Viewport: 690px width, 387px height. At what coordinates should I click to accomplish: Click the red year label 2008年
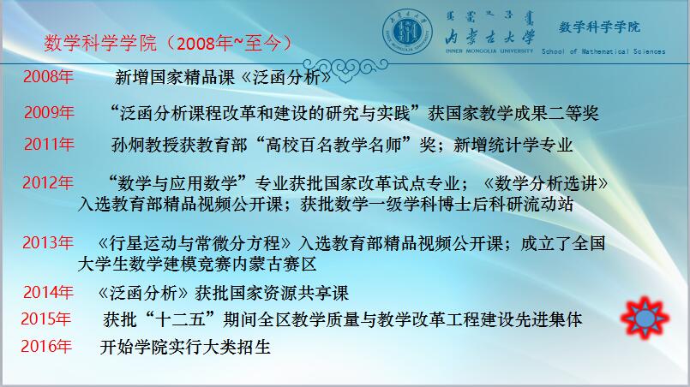(48, 76)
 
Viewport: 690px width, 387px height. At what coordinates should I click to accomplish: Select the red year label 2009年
(49, 112)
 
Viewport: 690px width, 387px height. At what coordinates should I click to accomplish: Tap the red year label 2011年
(49, 144)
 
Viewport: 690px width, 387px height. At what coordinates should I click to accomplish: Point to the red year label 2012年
(48, 182)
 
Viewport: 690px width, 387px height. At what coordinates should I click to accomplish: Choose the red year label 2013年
(48, 242)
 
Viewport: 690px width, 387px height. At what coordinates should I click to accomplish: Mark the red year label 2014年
(48, 292)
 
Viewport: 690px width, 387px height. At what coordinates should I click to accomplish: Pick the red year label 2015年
(46, 319)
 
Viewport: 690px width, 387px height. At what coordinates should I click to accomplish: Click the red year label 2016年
(46, 346)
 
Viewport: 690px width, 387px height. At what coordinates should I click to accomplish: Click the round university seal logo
(407, 32)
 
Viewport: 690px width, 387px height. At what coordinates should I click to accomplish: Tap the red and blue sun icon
(645, 318)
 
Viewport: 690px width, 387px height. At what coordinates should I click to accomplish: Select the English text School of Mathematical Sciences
(603, 51)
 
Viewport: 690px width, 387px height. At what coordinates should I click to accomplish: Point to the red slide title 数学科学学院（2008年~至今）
(168, 43)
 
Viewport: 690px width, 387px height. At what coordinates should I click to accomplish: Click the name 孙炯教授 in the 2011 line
(145, 145)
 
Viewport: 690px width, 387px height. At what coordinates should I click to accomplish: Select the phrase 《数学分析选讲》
(546, 183)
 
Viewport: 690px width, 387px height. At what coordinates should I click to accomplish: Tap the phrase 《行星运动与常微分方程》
(195, 243)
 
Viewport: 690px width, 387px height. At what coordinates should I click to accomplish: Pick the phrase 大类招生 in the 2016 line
(237, 347)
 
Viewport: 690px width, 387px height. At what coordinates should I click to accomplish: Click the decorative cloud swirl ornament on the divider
(346, 68)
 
